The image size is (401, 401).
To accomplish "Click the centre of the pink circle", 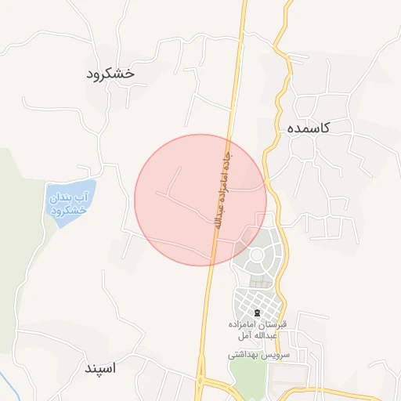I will click(200, 200).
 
